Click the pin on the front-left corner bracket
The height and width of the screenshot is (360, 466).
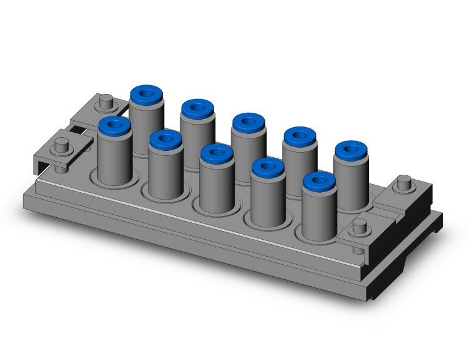pyautogui.click(x=61, y=146)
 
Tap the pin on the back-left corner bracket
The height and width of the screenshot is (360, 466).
pyautogui.click(x=106, y=100)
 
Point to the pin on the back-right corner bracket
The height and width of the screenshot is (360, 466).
pyautogui.click(x=405, y=185)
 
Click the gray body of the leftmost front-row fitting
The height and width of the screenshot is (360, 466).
pyautogui.click(x=114, y=160)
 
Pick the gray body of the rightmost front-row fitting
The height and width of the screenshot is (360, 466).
pyautogui.click(x=318, y=216)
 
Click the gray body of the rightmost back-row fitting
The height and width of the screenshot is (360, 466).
pyautogui.click(x=352, y=185)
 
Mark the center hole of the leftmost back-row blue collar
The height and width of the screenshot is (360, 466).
pyautogui.click(x=147, y=95)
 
